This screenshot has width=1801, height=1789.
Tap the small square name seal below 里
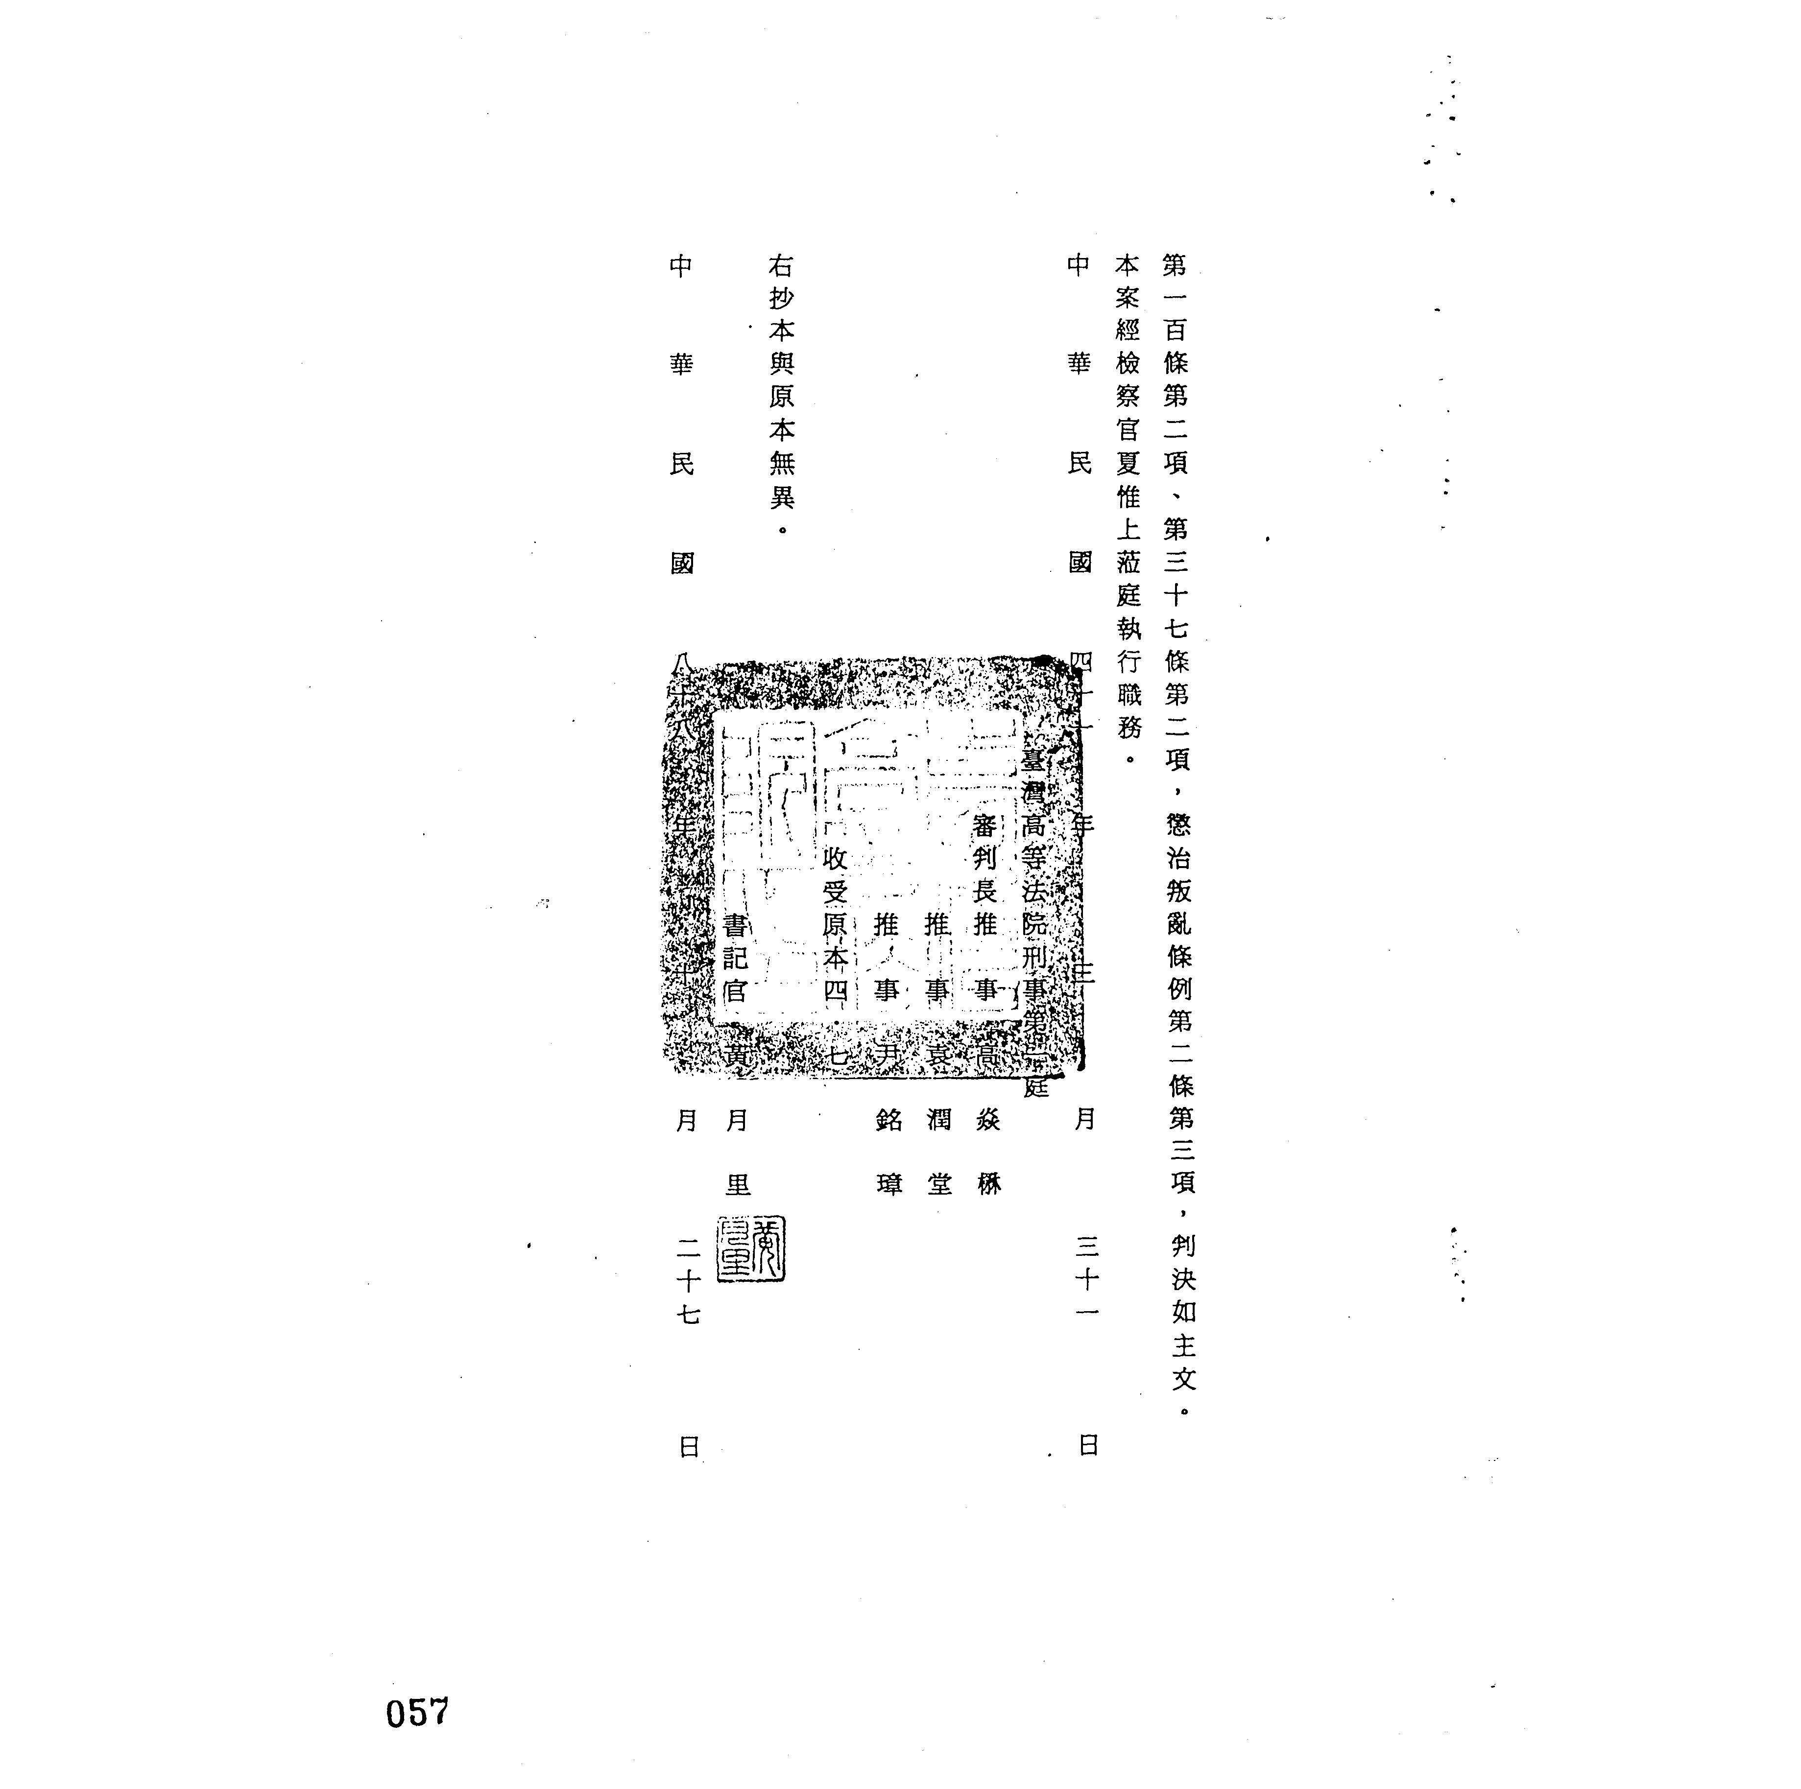coord(750,1250)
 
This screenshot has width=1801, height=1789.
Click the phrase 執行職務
coord(1129,678)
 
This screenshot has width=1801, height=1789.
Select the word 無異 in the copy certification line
coord(781,480)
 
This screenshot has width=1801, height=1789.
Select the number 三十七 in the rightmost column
coord(1177,594)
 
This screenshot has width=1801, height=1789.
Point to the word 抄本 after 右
coord(781,314)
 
